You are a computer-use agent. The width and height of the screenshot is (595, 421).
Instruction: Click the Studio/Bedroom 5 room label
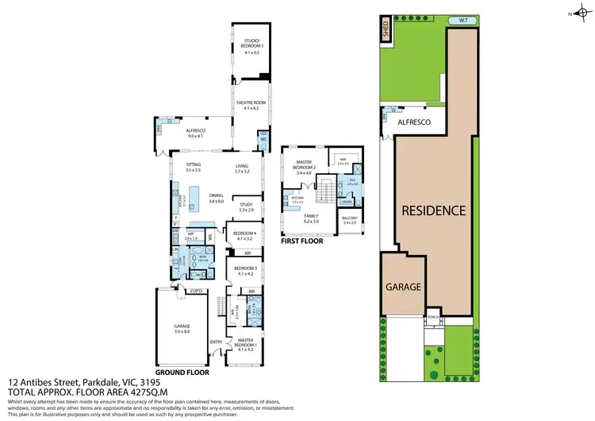(249, 45)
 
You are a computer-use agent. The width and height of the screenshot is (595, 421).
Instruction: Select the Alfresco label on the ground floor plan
(195, 133)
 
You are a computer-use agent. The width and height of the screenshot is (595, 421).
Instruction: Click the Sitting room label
(194, 168)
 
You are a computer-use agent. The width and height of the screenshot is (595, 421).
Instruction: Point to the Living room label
(242, 168)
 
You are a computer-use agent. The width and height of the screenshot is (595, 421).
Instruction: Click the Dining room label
(216, 197)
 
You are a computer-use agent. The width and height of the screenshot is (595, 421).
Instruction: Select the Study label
(246, 207)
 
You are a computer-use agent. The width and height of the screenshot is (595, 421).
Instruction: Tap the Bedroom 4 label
(242, 235)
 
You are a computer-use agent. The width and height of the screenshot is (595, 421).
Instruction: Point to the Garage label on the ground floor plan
(182, 327)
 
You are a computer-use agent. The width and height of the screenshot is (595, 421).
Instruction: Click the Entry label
(216, 342)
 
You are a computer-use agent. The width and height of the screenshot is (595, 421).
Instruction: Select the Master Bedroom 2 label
(305, 166)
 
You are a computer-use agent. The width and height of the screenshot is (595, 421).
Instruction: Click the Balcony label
(350, 220)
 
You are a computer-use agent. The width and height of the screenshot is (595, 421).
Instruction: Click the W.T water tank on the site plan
(459, 20)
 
